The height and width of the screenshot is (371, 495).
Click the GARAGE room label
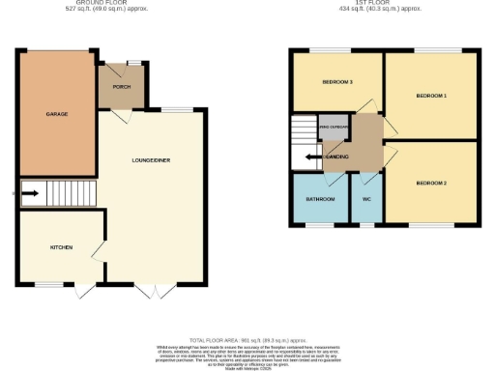(x=56, y=114)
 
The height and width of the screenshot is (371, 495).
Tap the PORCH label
(x=121, y=83)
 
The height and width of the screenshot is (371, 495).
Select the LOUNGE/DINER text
(x=152, y=160)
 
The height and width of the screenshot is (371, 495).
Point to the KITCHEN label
(x=62, y=247)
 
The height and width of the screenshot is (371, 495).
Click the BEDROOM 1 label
(x=431, y=97)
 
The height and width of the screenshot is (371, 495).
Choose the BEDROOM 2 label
(x=431, y=183)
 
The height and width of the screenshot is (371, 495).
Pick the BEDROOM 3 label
(x=337, y=82)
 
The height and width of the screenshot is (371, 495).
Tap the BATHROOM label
(x=320, y=198)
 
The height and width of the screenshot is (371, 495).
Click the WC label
(x=367, y=198)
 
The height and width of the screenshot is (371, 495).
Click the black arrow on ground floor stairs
(x=29, y=193)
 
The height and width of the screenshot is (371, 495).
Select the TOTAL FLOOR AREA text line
(x=247, y=339)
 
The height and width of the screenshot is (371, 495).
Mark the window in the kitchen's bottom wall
(x=48, y=284)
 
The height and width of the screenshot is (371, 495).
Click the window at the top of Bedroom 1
(x=431, y=50)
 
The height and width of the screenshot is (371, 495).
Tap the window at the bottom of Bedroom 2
(x=431, y=224)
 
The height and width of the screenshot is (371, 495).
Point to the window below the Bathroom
(x=320, y=224)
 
